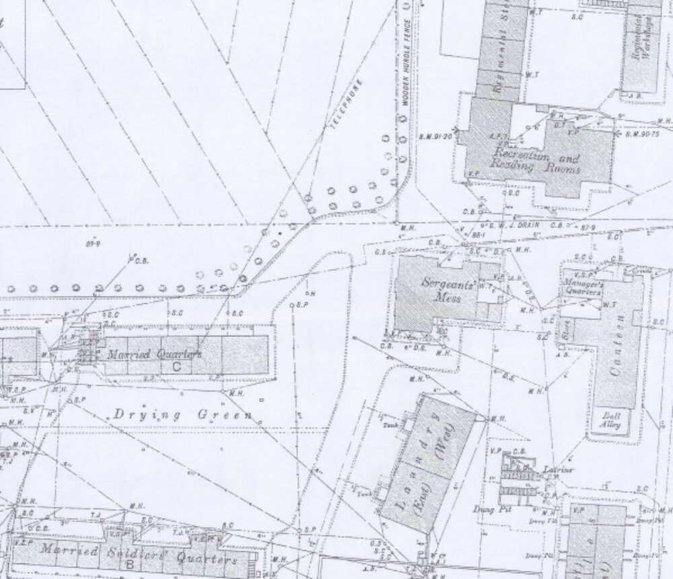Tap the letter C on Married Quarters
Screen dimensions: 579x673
click(x=176, y=366)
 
